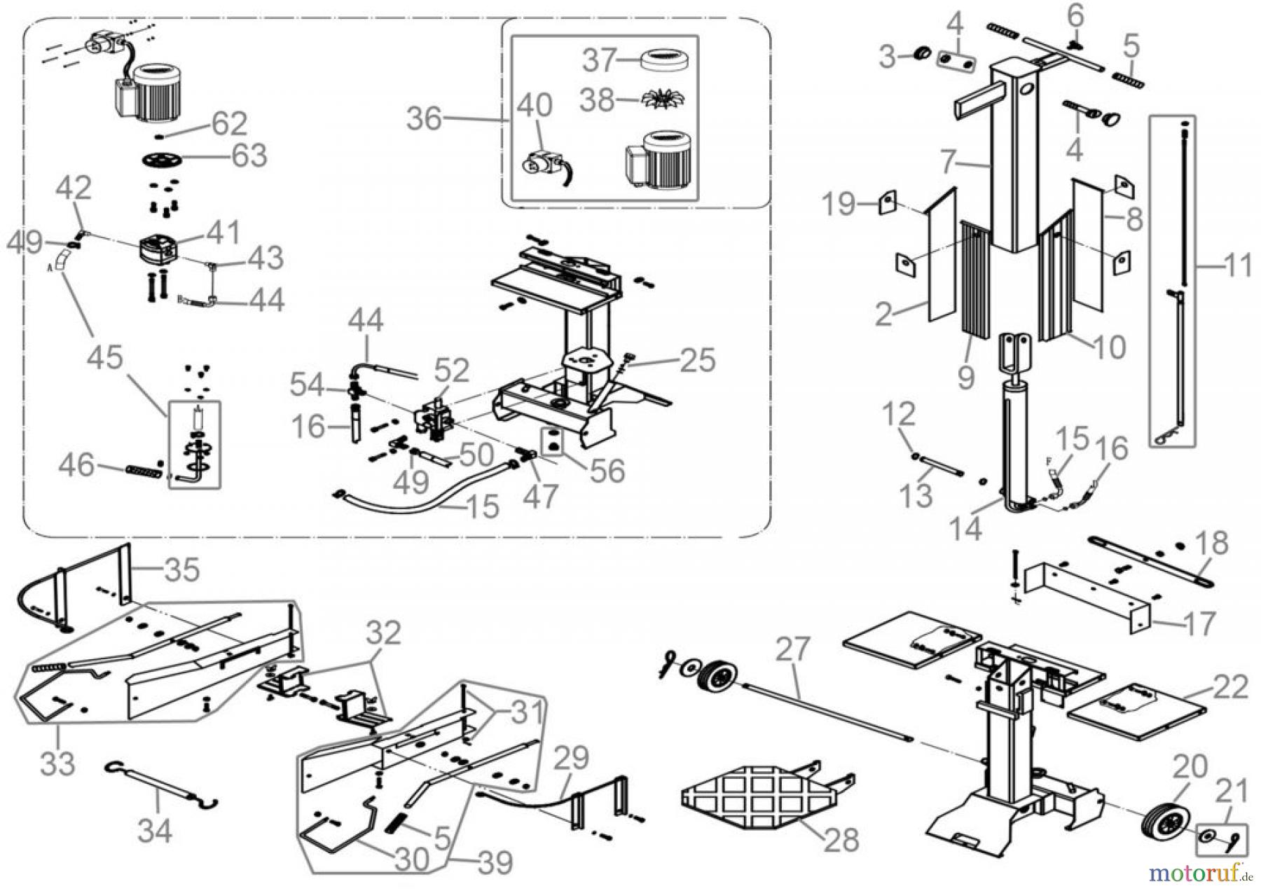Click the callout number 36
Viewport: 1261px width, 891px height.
(425, 118)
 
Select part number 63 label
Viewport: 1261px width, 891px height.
(249, 156)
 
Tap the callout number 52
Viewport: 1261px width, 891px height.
(451, 371)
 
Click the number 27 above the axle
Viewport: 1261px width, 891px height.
(792, 649)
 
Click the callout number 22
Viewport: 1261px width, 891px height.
(1230, 686)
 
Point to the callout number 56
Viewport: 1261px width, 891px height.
(607, 471)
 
